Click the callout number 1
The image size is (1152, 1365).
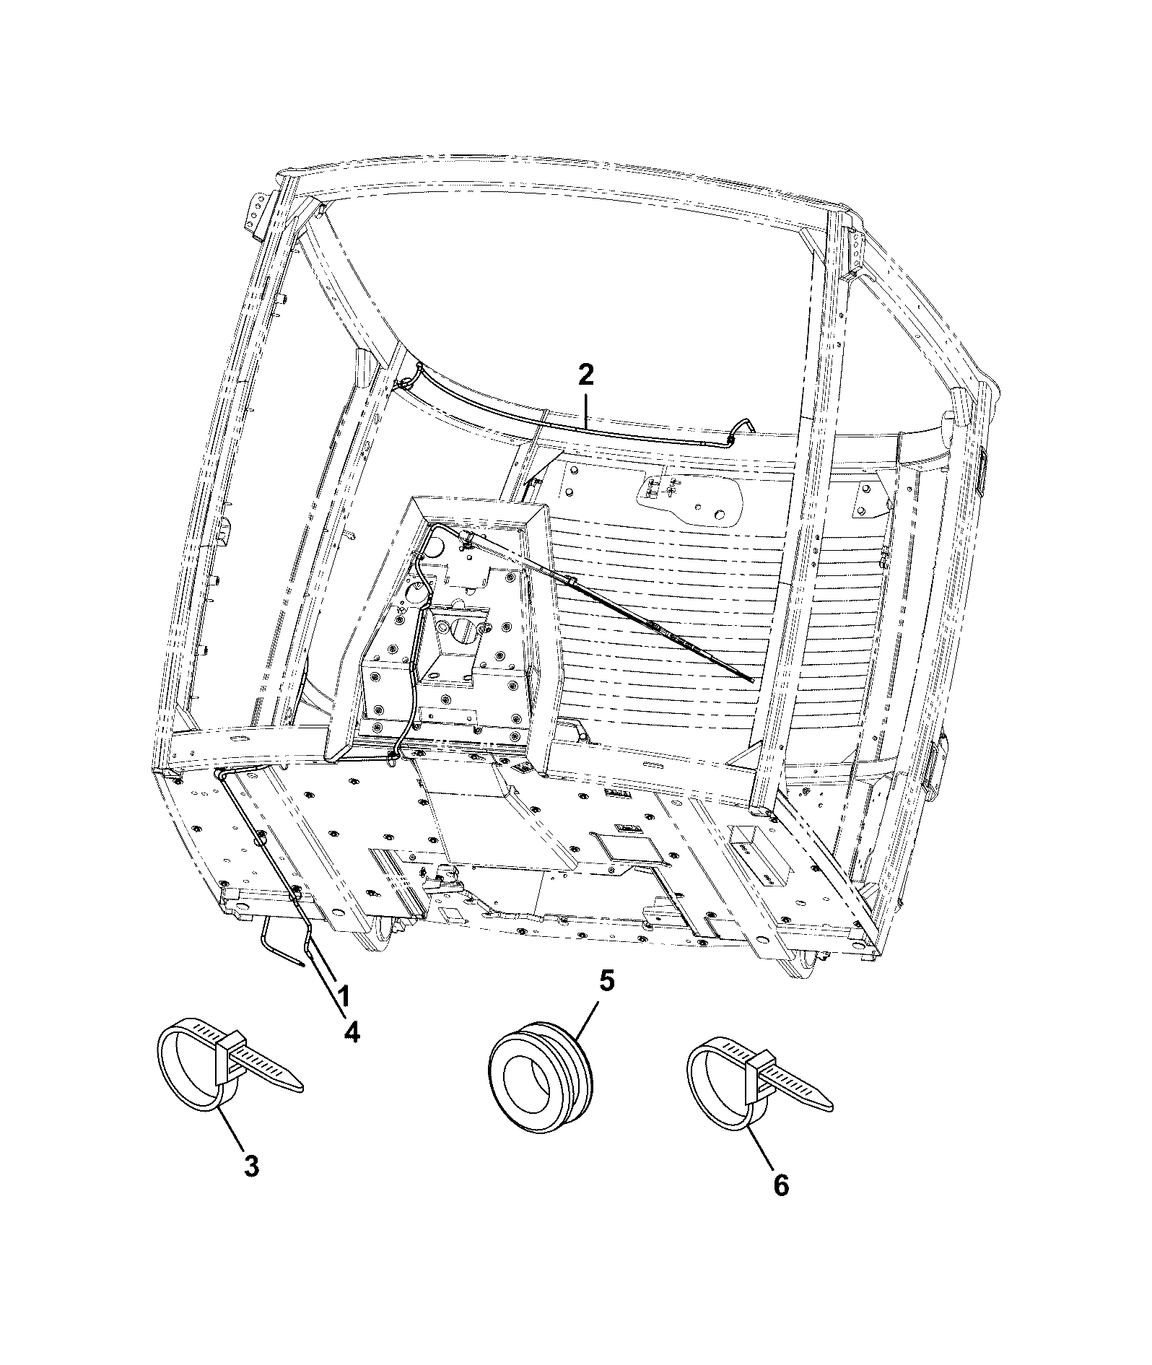(x=344, y=997)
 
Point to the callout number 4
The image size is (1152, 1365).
(x=351, y=1033)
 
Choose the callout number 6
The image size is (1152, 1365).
(x=781, y=1186)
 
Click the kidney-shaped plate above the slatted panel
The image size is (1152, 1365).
(x=690, y=499)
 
